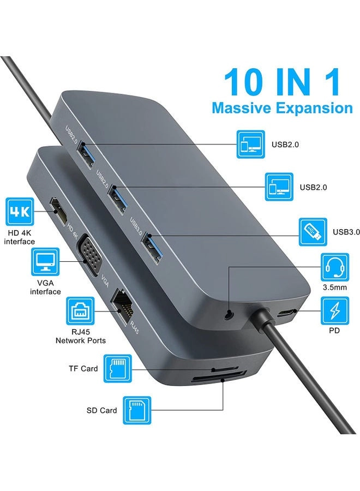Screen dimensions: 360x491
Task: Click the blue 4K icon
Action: [20, 212]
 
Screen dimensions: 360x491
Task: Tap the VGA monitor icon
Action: [45, 262]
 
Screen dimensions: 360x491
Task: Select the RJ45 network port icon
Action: [80, 311]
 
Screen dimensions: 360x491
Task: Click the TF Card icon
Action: [118, 369]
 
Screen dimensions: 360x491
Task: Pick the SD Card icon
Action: [137, 410]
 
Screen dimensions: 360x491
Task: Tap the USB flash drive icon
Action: [313, 232]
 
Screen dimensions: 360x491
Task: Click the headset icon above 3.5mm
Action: [335, 267]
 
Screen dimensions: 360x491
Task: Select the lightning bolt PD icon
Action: [335, 312]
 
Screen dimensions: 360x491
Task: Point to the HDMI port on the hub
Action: [59, 212]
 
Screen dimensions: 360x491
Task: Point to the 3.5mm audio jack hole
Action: [230, 314]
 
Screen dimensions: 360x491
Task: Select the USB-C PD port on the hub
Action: [285, 313]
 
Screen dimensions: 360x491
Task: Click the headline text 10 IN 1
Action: [282, 82]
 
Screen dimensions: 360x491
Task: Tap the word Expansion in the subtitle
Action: [314, 109]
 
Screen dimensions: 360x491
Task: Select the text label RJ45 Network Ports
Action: [80, 336]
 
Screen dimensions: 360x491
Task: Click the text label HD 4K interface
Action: [20, 237]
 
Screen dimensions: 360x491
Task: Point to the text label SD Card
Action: [101, 410]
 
